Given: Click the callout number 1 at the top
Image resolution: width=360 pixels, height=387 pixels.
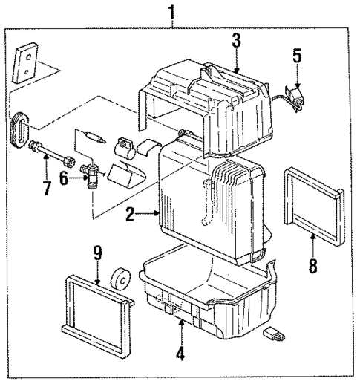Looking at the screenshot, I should [x=173, y=12].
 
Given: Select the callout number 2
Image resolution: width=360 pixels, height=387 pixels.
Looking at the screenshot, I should [x=129, y=215].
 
